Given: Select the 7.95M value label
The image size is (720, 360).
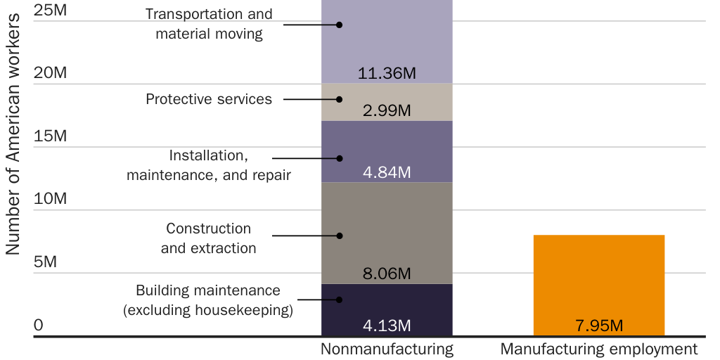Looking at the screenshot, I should click(x=598, y=326).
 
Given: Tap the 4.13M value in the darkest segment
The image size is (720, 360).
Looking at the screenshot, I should click(x=387, y=326).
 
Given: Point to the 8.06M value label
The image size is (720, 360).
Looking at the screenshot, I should click(x=387, y=274).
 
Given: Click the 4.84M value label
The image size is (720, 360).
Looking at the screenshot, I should click(x=387, y=172).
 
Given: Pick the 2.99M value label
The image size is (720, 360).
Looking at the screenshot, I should click(x=387, y=110).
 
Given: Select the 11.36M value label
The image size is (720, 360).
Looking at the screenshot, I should click(x=387, y=73).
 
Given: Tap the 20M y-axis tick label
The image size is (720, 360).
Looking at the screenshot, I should click(x=51, y=73).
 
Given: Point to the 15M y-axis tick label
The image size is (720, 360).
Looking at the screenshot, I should click(x=51, y=136).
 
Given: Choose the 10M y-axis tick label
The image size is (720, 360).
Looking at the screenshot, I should click(x=51, y=198).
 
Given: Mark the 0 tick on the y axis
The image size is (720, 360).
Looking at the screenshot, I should click(x=39, y=325).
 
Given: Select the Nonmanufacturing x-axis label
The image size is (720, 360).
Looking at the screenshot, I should click(x=387, y=349).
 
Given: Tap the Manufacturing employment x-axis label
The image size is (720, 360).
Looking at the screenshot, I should click(x=598, y=349).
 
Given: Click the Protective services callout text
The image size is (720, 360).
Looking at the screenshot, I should click(x=209, y=99).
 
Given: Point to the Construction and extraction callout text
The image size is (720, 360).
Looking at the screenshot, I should click(x=209, y=238).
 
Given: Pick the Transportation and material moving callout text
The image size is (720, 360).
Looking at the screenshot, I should click(x=209, y=24).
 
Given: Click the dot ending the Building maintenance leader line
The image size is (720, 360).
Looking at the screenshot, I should click(x=339, y=300).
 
